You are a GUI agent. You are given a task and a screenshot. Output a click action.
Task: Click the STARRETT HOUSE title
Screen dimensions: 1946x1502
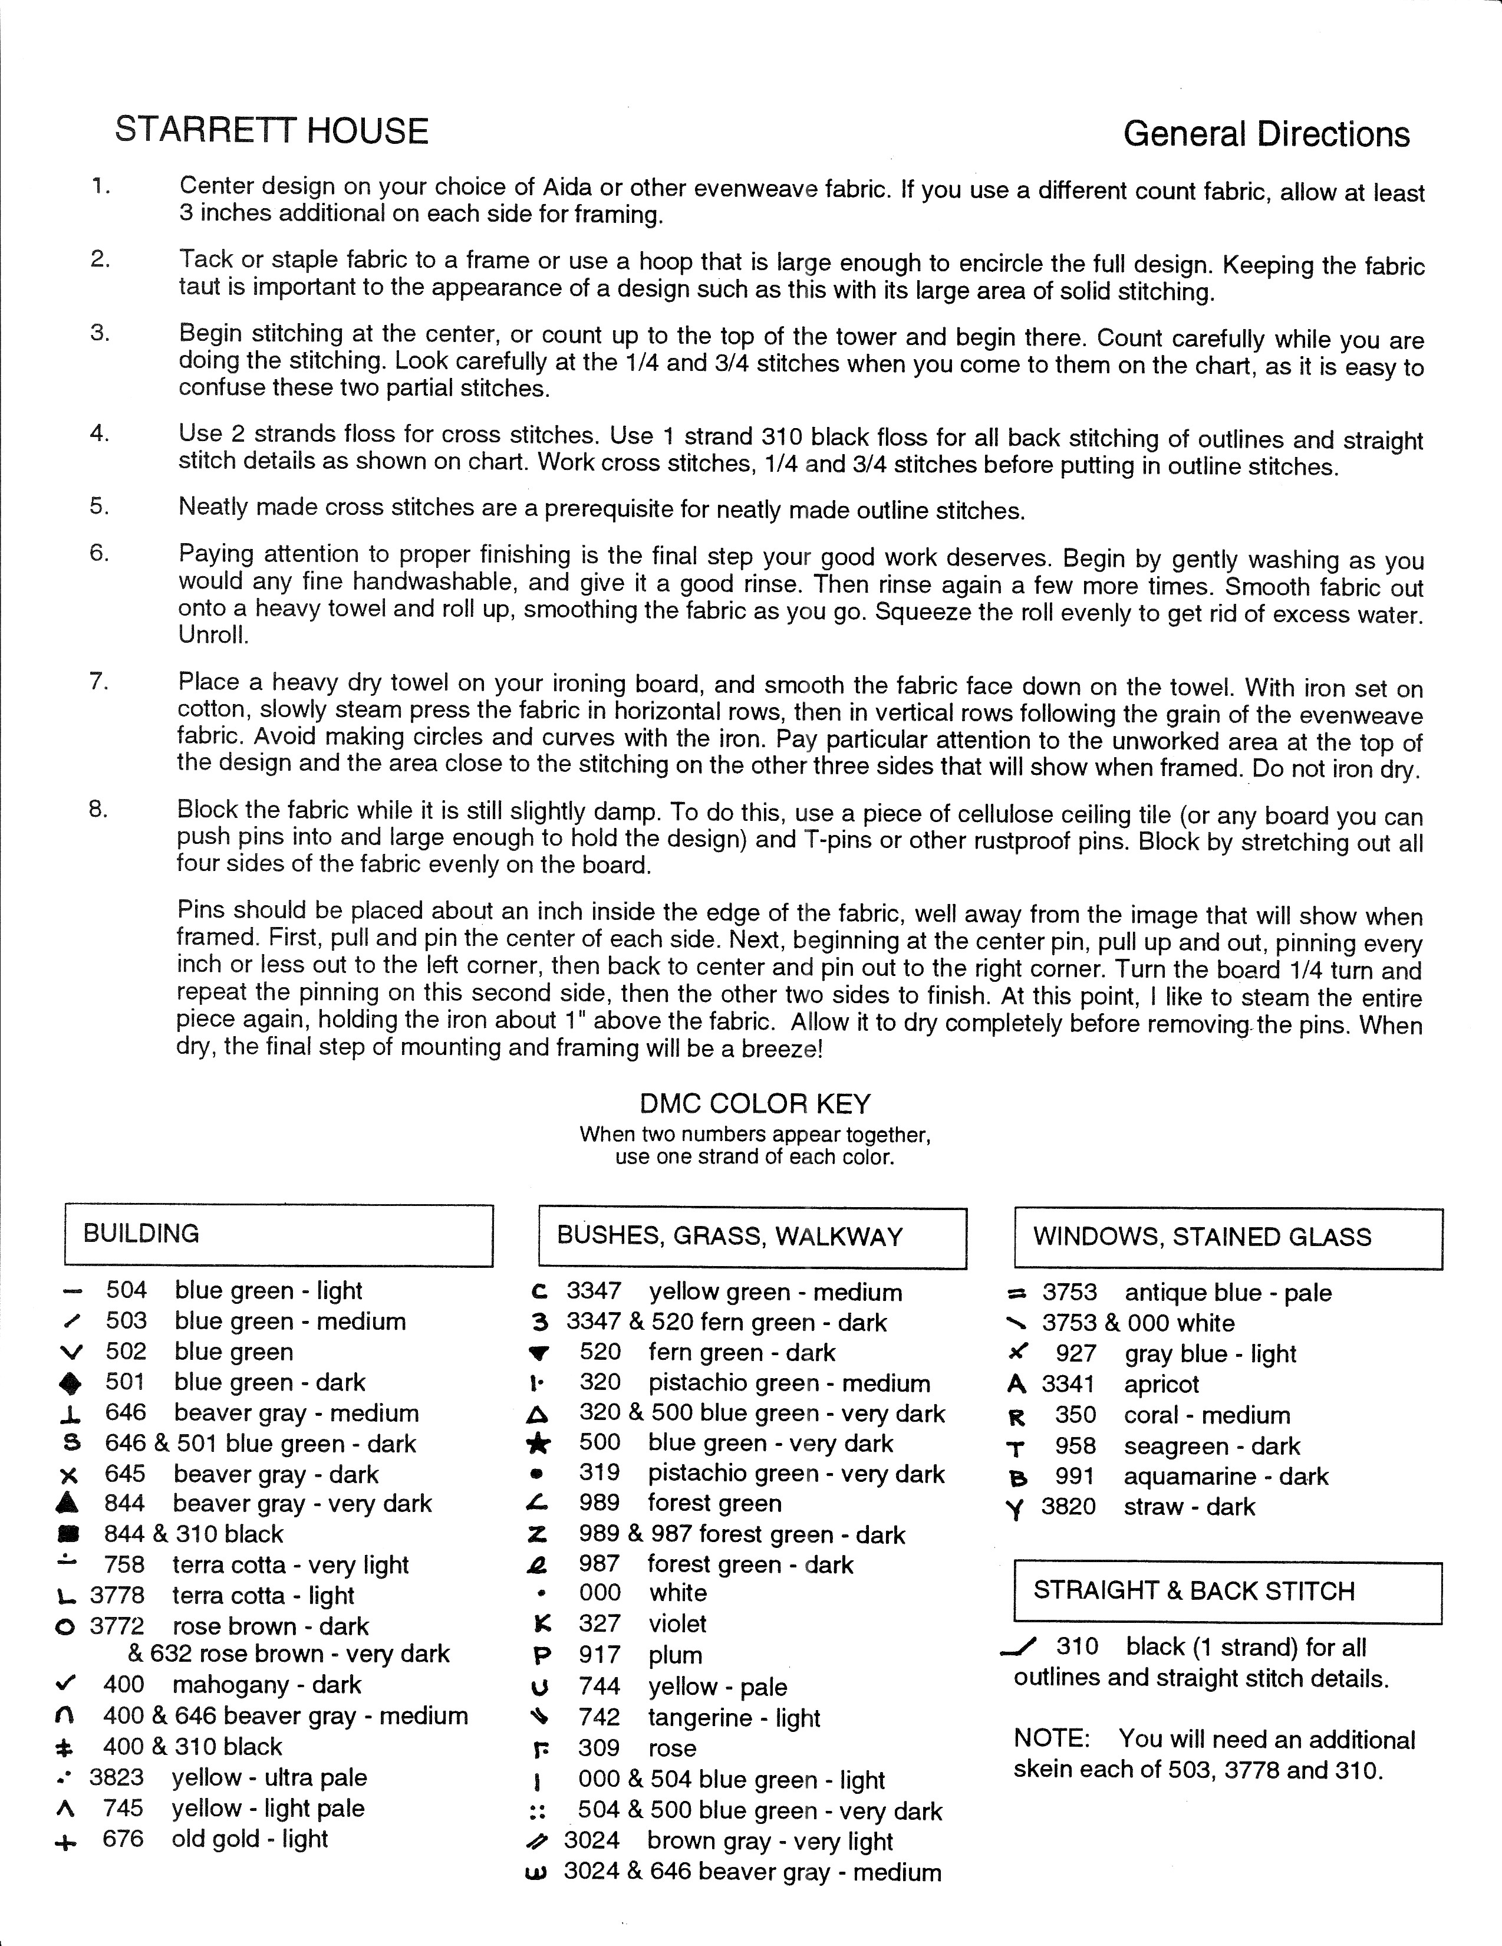tap(272, 131)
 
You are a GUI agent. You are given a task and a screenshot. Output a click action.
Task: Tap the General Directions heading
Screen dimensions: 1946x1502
tap(1266, 134)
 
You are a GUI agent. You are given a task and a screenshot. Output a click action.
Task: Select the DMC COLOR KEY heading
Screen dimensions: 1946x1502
tap(755, 1104)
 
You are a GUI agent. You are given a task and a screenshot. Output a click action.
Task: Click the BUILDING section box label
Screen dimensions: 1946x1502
tap(141, 1234)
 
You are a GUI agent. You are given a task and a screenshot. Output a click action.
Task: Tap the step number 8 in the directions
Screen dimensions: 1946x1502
tap(98, 809)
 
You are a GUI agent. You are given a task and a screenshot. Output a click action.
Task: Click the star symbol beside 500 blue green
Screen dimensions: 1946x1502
tap(538, 1444)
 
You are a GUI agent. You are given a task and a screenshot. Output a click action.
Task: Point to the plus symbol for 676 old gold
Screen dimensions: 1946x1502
tap(66, 1839)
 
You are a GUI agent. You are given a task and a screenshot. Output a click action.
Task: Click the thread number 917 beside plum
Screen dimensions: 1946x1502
tap(599, 1655)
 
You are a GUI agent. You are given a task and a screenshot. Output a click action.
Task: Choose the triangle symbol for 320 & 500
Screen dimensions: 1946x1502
tap(538, 1414)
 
